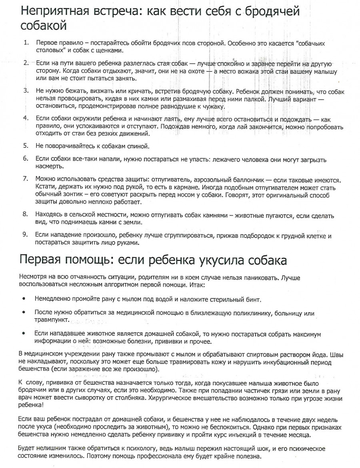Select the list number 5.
tap(26, 145)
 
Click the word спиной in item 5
tap(138, 145)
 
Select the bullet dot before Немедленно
tap(24, 299)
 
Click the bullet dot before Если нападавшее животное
tap(24, 333)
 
